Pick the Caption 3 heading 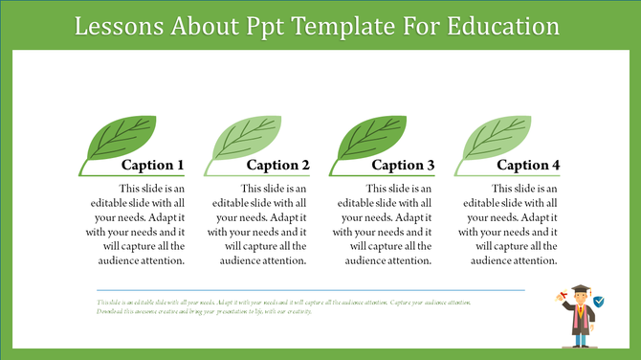(403, 166)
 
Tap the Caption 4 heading (528, 166)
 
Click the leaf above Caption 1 (115, 140)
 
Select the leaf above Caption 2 (240, 140)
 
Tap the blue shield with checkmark (599, 302)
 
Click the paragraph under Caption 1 (144, 224)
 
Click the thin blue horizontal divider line (310, 289)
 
